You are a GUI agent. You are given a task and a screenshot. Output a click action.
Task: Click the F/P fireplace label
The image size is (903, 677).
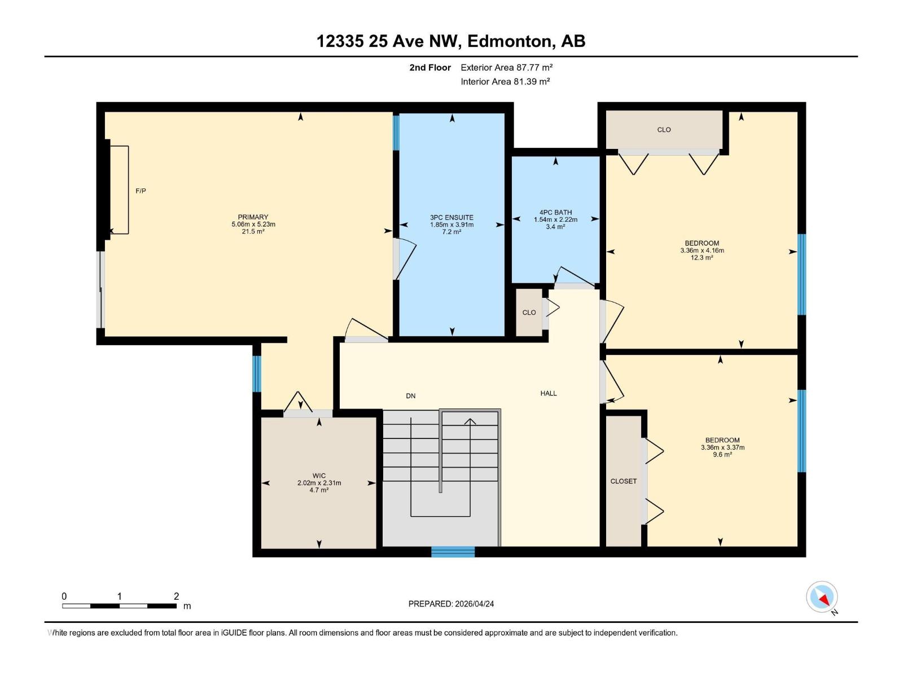tap(141, 191)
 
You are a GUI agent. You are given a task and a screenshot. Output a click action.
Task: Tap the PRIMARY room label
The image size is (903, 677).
tap(253, 217)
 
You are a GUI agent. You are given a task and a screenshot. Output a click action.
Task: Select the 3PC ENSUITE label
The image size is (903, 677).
tap(451, 218)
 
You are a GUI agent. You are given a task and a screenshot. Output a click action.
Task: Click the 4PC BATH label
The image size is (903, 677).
tap(555, 213)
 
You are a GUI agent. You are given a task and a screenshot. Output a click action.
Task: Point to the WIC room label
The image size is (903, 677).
tap(319, 476)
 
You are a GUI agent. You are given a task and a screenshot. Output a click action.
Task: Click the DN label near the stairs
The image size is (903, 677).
tap(411, 396)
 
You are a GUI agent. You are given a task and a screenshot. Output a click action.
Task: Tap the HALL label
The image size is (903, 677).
tap(548, 393)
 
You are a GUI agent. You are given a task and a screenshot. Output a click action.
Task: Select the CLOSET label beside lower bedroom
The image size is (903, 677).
tap(623, 481)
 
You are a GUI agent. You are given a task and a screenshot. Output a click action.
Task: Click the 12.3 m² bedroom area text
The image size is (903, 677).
tap(702, 258)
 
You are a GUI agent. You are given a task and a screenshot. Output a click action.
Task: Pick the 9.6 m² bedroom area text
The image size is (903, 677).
tap(722, 455)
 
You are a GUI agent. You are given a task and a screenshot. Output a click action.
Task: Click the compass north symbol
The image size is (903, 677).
tap(822, 597)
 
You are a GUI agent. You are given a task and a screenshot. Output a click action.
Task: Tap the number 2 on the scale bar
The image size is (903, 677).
tap(176, 596)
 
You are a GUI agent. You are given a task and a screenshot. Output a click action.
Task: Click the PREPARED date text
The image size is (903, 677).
tap(451, 604)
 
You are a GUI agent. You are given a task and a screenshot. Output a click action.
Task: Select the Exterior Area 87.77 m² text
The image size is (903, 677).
tap(506, 67)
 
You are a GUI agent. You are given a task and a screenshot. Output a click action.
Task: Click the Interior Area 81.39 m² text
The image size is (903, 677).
tap(505, 81)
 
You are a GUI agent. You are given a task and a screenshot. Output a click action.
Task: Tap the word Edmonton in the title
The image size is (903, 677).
tap(510, 41)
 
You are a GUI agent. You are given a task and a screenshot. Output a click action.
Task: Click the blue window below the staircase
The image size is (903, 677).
tap(453, 552)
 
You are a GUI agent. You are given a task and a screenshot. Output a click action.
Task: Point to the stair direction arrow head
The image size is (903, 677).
tap(470, 421)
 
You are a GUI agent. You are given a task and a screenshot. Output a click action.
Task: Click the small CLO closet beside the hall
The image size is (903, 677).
tap(529, 313)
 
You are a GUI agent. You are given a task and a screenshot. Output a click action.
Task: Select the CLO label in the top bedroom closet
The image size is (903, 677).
tap(664, 130)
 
